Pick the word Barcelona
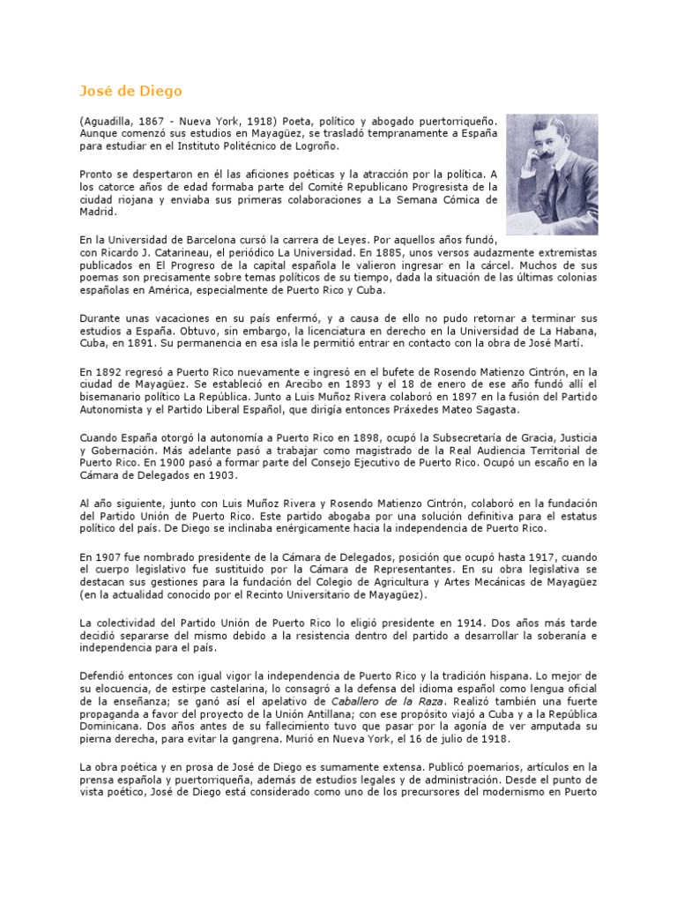pyautogui.click(x=213, y=239)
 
